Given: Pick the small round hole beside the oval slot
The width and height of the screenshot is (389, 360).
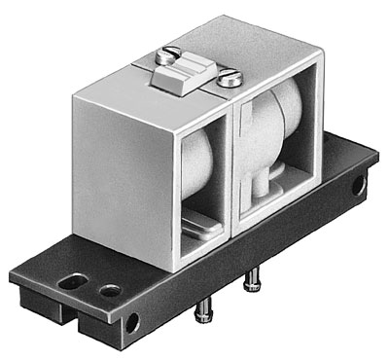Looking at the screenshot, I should [x=109, y=289].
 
